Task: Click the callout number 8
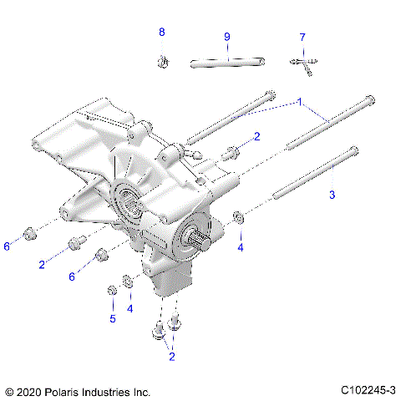click(162, 32)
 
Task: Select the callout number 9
click(226, 37)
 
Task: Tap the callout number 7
click(302, 37)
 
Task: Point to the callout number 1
click(297, 101)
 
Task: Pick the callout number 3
click(332, 194)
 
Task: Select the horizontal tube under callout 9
click(226, 62)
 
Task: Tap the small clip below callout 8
click(163, 60)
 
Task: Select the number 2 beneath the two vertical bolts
click(170, 357)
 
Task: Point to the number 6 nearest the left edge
click(7, 246)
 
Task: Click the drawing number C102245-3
click(368, 391)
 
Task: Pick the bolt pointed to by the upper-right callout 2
click(230, 153)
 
